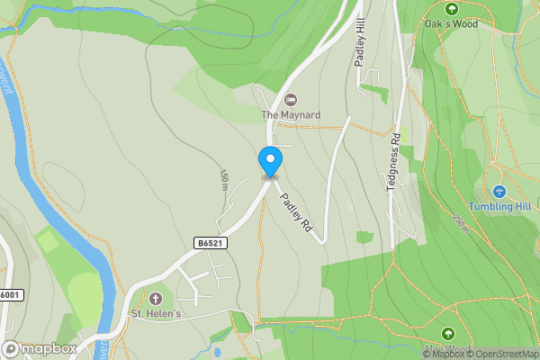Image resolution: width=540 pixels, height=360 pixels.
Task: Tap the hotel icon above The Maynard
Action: pyautogui.click(x=290, y=99)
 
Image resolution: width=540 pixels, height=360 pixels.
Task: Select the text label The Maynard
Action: pyautogui.click(x=290, y=114)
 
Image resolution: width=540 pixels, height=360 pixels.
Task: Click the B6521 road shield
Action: pyautogui.click(x=210, y=243)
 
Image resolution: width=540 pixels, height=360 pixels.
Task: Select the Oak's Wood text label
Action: pyautogui.click(x=451, y=24)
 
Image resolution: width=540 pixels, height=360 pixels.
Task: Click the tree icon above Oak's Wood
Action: pyautogui.click(x=451, y=9)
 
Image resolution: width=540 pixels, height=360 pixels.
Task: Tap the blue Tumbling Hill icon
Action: pyautogui.click(x=499, y=191)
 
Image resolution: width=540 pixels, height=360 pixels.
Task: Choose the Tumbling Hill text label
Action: pyautogui.click(x=499, y=206)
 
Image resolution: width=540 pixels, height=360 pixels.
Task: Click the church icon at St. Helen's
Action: pyautogui.click(x=156, y=298)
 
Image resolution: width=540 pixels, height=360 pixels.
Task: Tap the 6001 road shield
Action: pyautogui.click(x=9, y=294)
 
